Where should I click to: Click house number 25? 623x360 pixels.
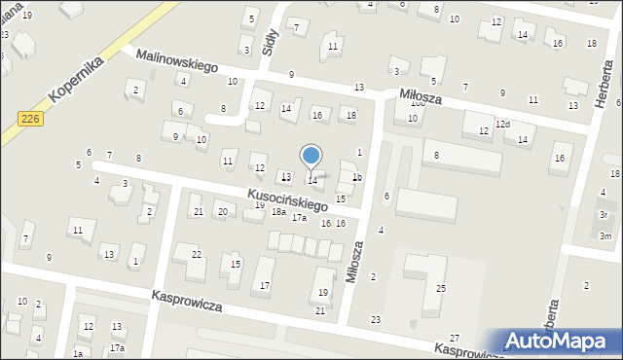pos(441,288)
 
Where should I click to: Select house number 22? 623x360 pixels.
pos(197,254)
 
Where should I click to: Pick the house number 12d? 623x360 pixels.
pos(502,124)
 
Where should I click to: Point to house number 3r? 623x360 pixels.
pos(604,214)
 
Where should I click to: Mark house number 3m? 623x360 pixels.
pos(605,236)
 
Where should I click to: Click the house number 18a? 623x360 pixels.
pos(277,212)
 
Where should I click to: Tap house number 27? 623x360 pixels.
pos(455,337)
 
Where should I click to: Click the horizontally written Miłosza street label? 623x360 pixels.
pos(421,94)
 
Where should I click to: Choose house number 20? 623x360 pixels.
pos(222,212)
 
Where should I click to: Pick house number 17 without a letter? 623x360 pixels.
pos(265,285)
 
